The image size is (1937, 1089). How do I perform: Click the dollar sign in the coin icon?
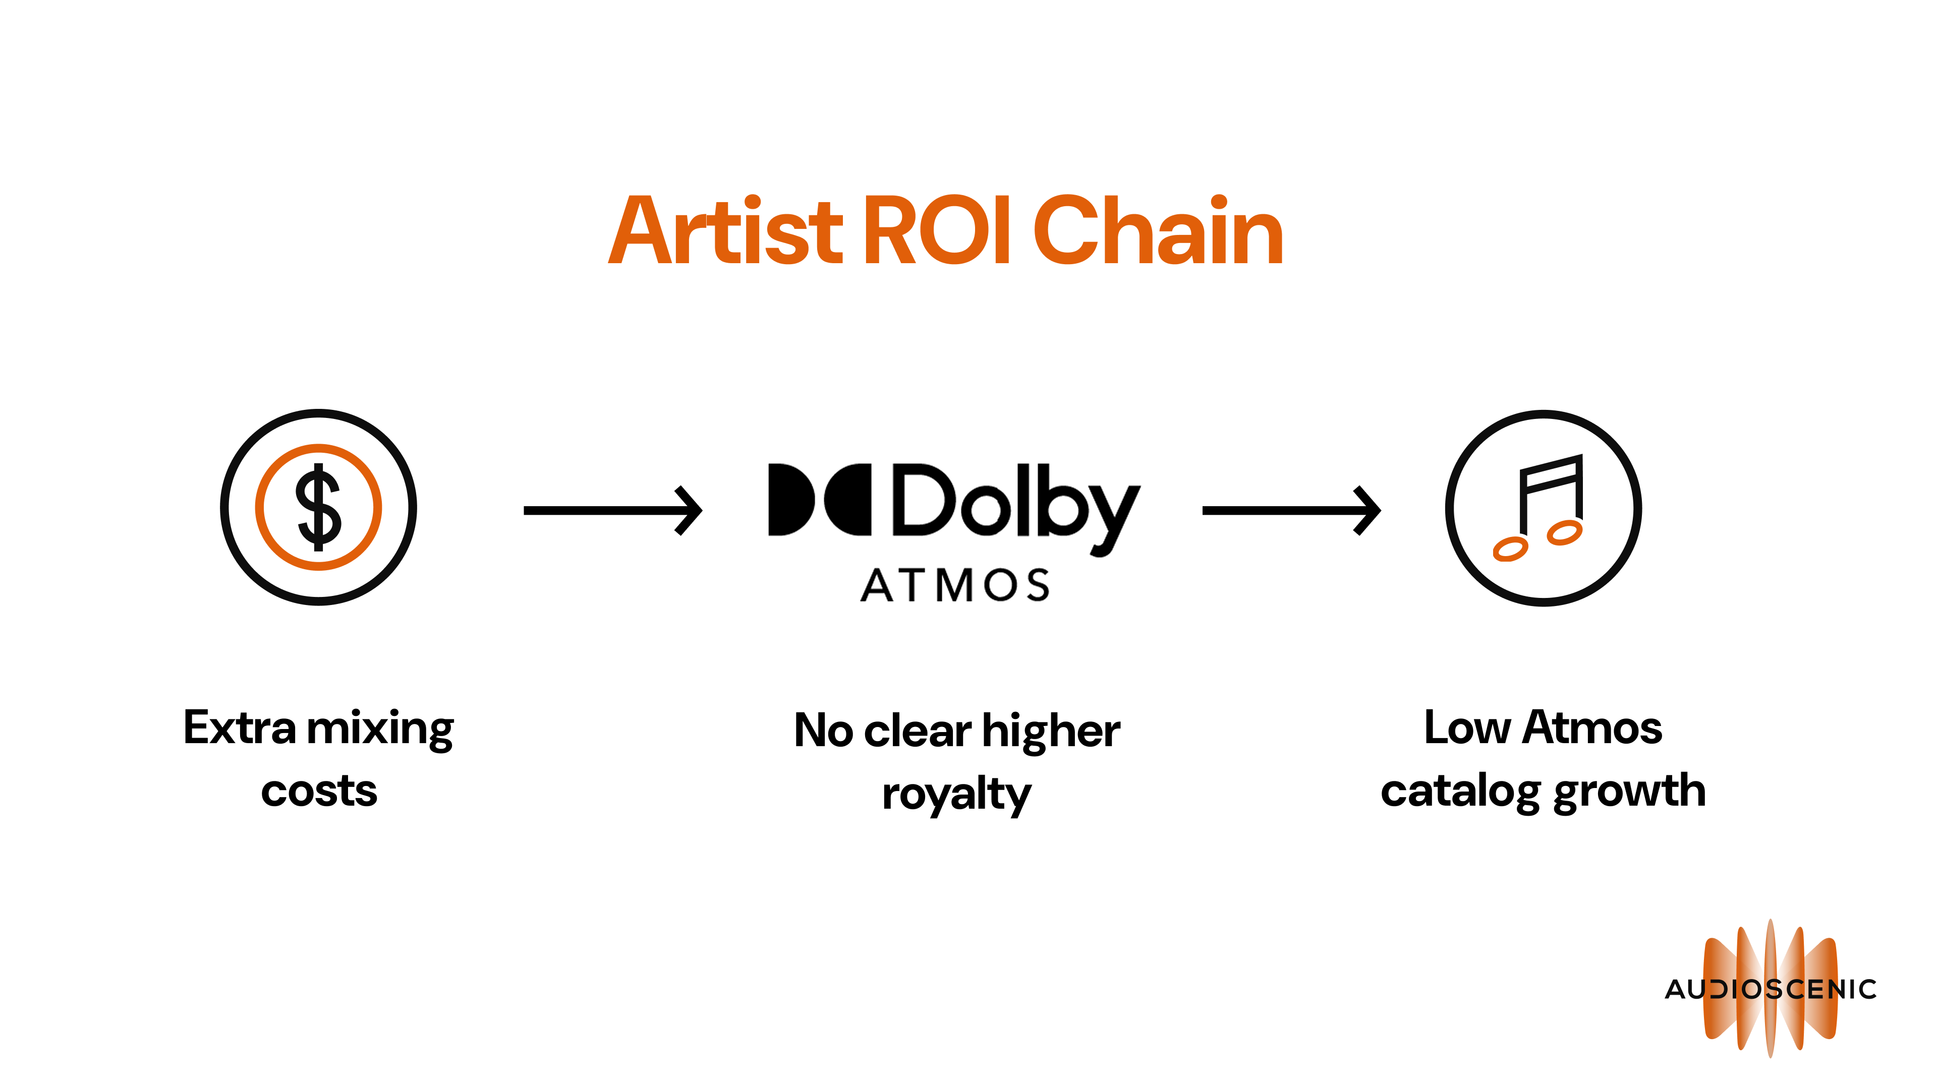[x=318, y=507]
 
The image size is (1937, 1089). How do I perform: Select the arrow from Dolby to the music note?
[x=1291, y=510]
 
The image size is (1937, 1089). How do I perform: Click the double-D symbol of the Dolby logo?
[x=819, y=499]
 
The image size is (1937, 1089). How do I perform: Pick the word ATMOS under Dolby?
[x=955, y=585]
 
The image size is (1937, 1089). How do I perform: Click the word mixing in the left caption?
[x=380, y=729]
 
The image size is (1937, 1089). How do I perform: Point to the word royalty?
[x=956, y=795]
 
